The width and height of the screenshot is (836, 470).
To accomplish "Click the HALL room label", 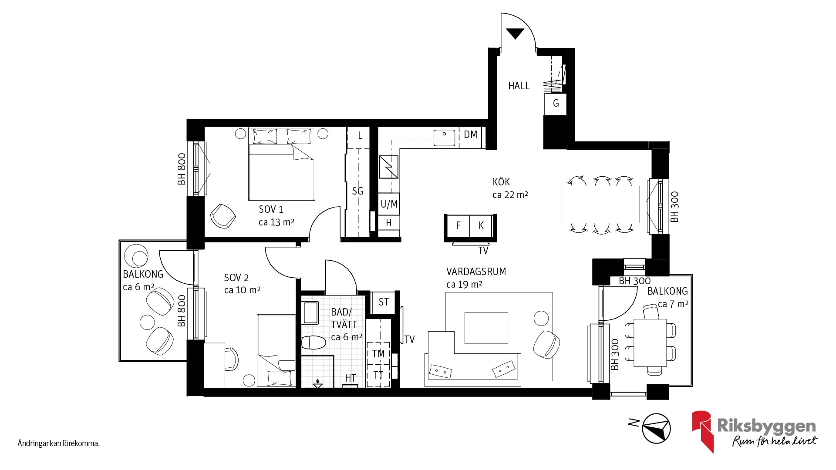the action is point(519,86).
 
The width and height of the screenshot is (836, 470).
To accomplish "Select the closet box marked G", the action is point(556,104).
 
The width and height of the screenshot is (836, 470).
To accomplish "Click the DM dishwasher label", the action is point(470,134).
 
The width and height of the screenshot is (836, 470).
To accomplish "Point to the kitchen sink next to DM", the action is point(444,138).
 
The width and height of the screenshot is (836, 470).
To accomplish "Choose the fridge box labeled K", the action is point(481,225).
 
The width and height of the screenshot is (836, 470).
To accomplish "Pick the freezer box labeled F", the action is point(458,225).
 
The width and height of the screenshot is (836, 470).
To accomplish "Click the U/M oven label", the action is point(389,204).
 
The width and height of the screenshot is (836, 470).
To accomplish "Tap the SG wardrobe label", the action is point(357,191).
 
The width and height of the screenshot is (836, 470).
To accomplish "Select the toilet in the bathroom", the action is point(313,342).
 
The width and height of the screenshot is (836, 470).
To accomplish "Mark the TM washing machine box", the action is point(378,353).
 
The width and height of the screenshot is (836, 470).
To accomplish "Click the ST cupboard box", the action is point(383,302).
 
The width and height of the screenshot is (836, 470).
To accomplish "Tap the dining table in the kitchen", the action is point(600,204).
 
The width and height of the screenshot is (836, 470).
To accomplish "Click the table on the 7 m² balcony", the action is point(650,343).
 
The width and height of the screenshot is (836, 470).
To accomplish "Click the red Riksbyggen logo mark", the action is point(702,430).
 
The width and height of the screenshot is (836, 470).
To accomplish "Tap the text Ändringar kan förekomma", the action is point(59,444).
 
